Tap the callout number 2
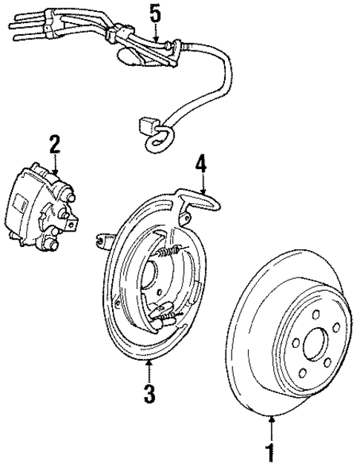pyautogui.click(x=54, y=142)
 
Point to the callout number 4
pyautogui.click(x=200, y=162)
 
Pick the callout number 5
pyautogui.click(x=154, y=13)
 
